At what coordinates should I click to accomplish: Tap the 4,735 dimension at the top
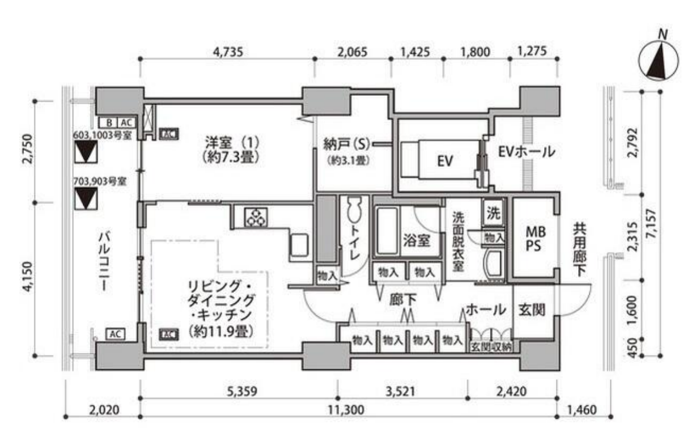226,50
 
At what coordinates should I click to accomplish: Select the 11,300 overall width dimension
349,409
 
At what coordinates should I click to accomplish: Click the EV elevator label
445,161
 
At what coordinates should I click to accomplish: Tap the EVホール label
526,152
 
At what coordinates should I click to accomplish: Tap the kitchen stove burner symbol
256,217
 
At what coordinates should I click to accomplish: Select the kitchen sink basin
299,244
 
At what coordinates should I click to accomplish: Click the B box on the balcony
108,123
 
